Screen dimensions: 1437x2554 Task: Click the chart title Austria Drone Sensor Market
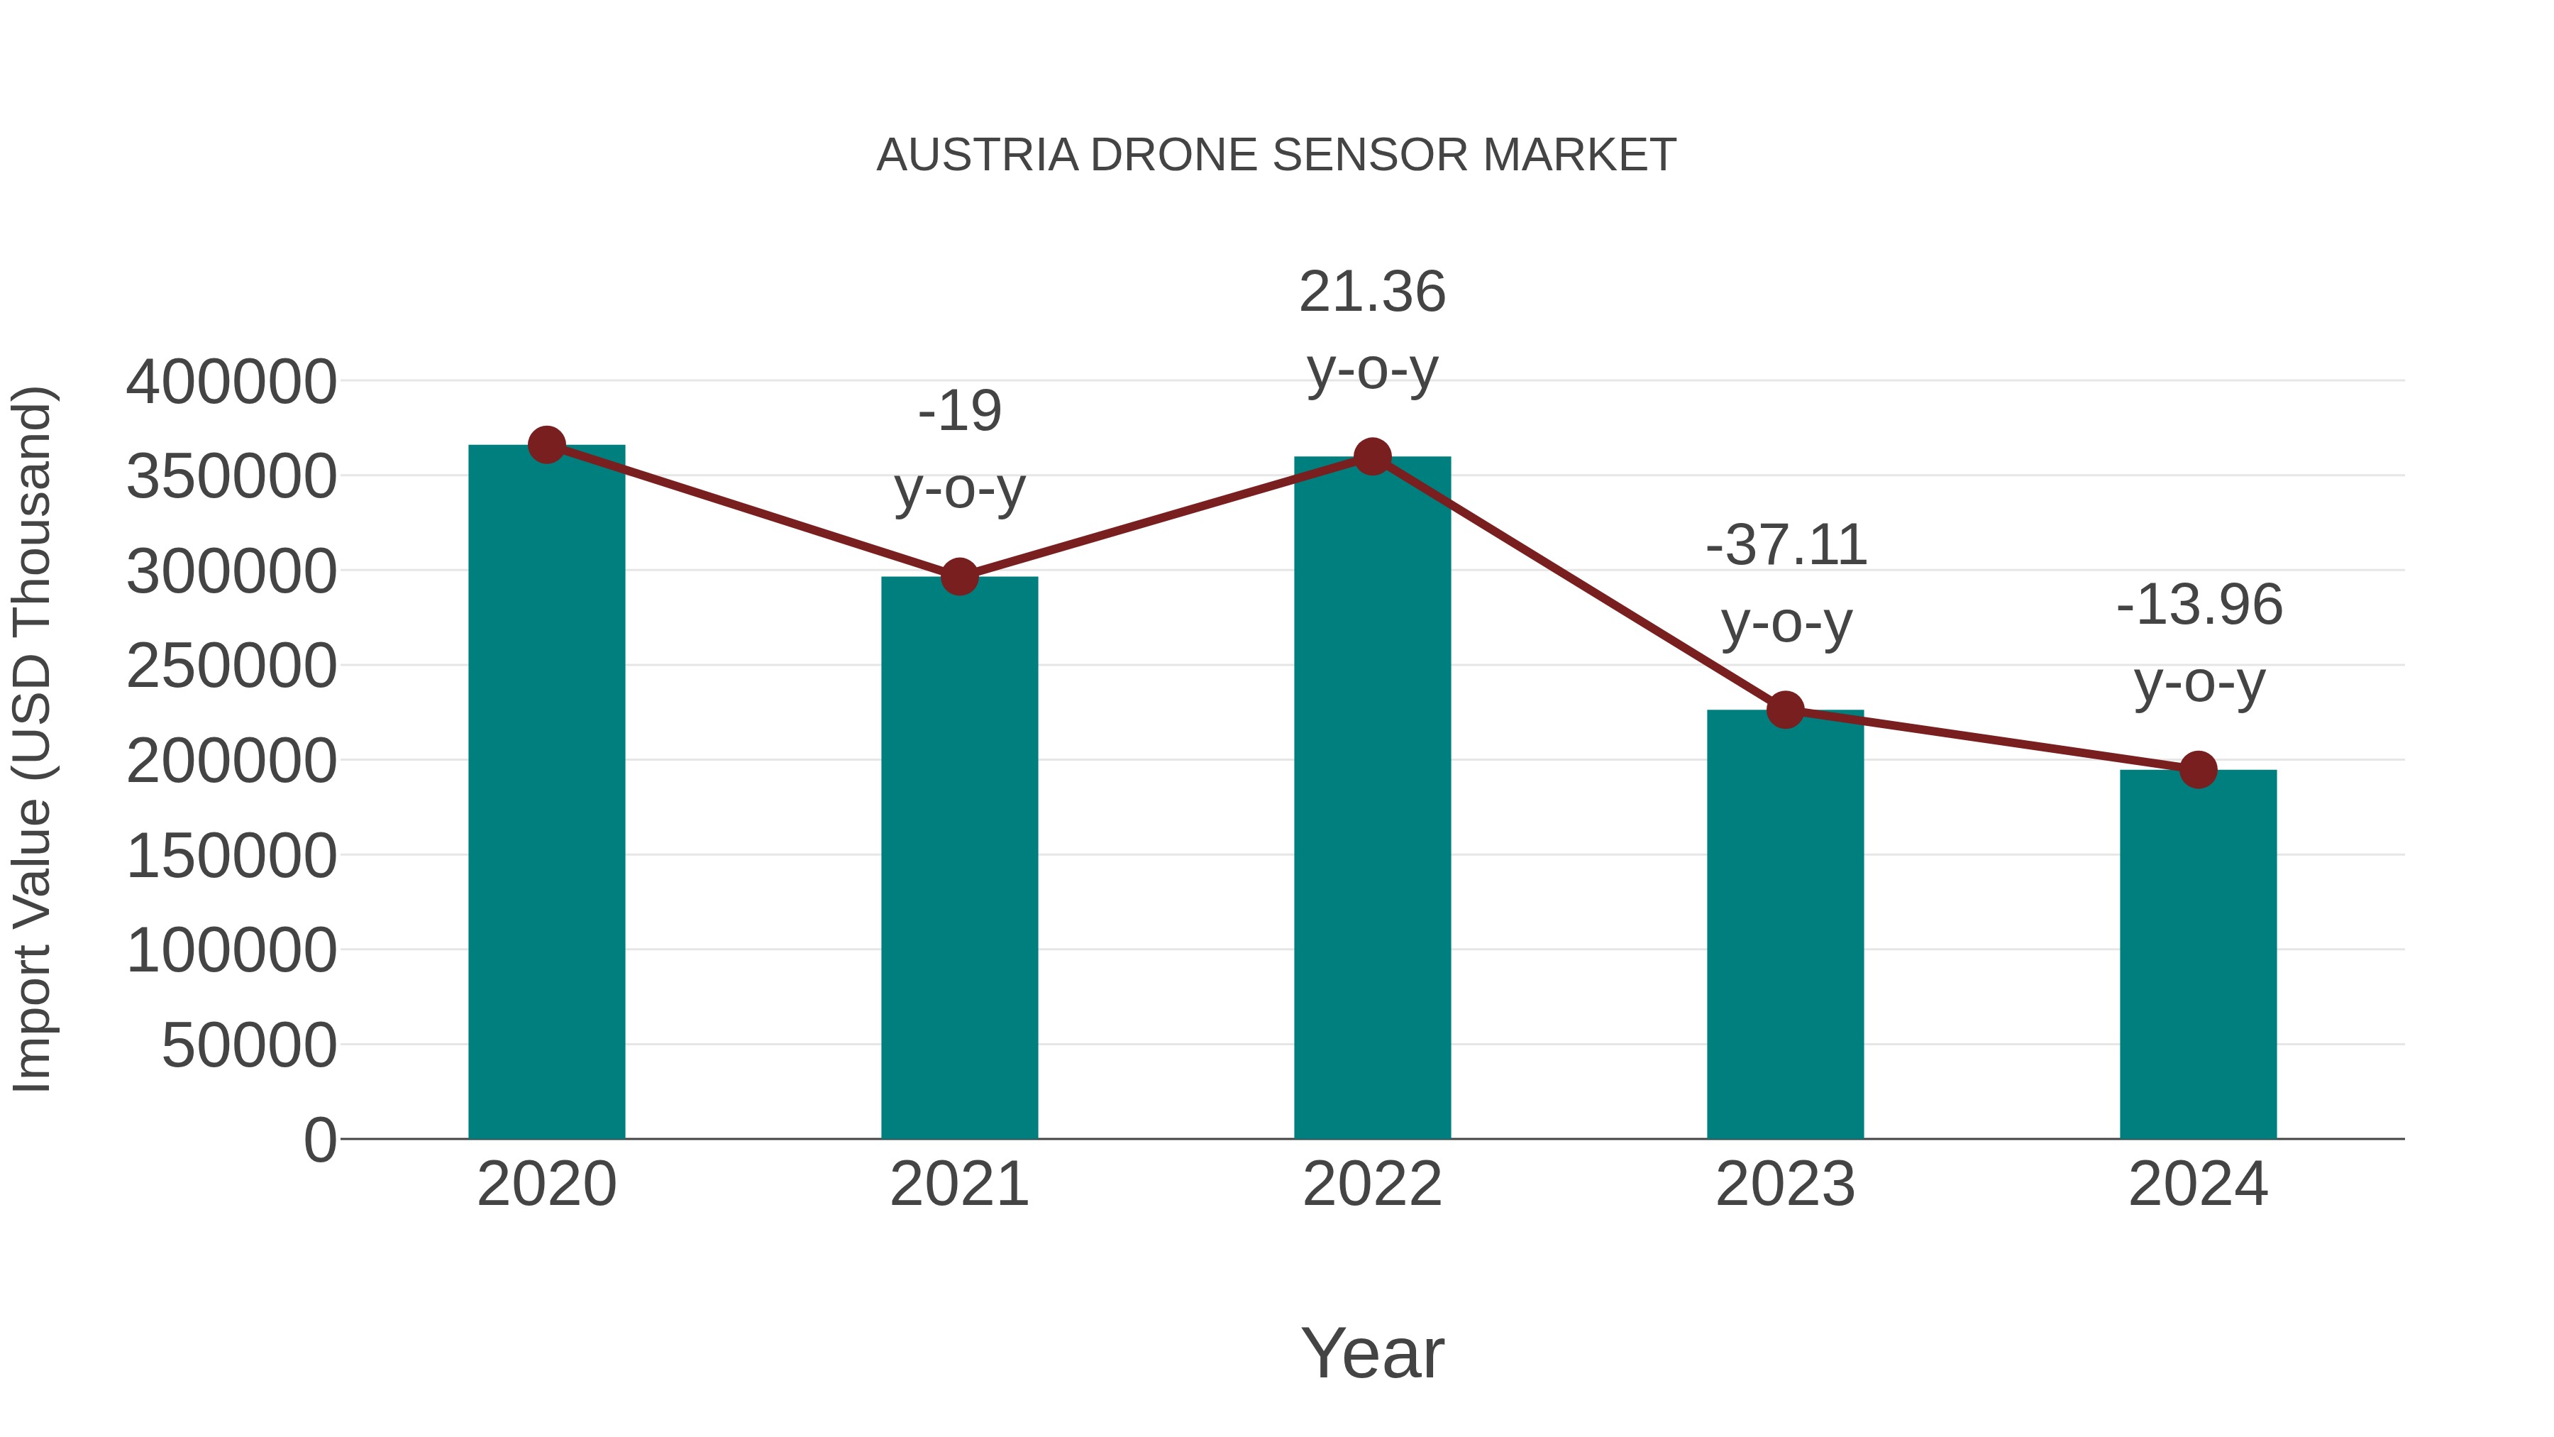1276,155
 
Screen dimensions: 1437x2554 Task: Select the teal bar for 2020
546,793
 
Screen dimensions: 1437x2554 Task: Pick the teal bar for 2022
1372,798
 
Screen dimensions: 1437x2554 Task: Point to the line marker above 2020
546,445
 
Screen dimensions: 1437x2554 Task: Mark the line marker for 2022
1372,456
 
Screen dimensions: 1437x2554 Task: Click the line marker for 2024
2198,769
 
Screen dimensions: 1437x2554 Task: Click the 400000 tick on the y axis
231,382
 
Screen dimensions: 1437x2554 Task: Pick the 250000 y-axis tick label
231,666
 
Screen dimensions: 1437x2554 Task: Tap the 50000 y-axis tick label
249,1045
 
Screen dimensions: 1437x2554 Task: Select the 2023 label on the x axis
1785,1184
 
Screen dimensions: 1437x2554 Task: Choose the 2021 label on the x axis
958,1184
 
